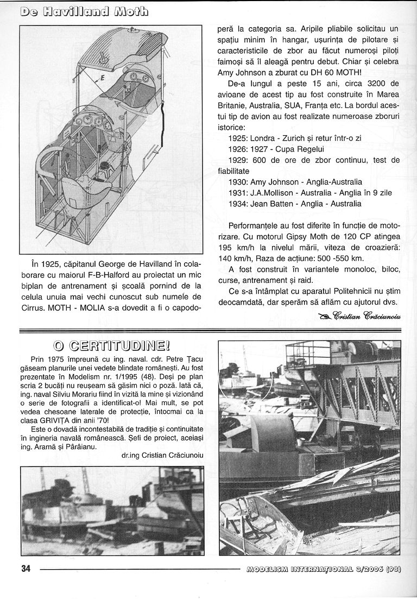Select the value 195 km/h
tap(226, 247)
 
